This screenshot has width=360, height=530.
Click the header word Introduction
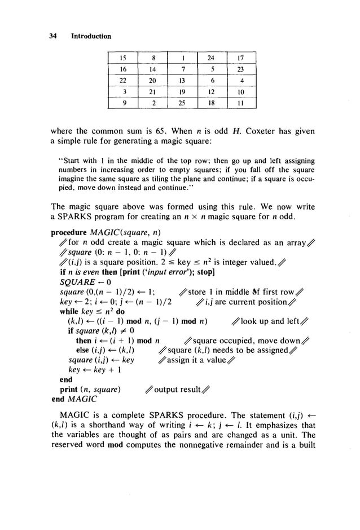[91, 37]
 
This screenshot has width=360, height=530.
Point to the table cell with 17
[241, 57]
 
